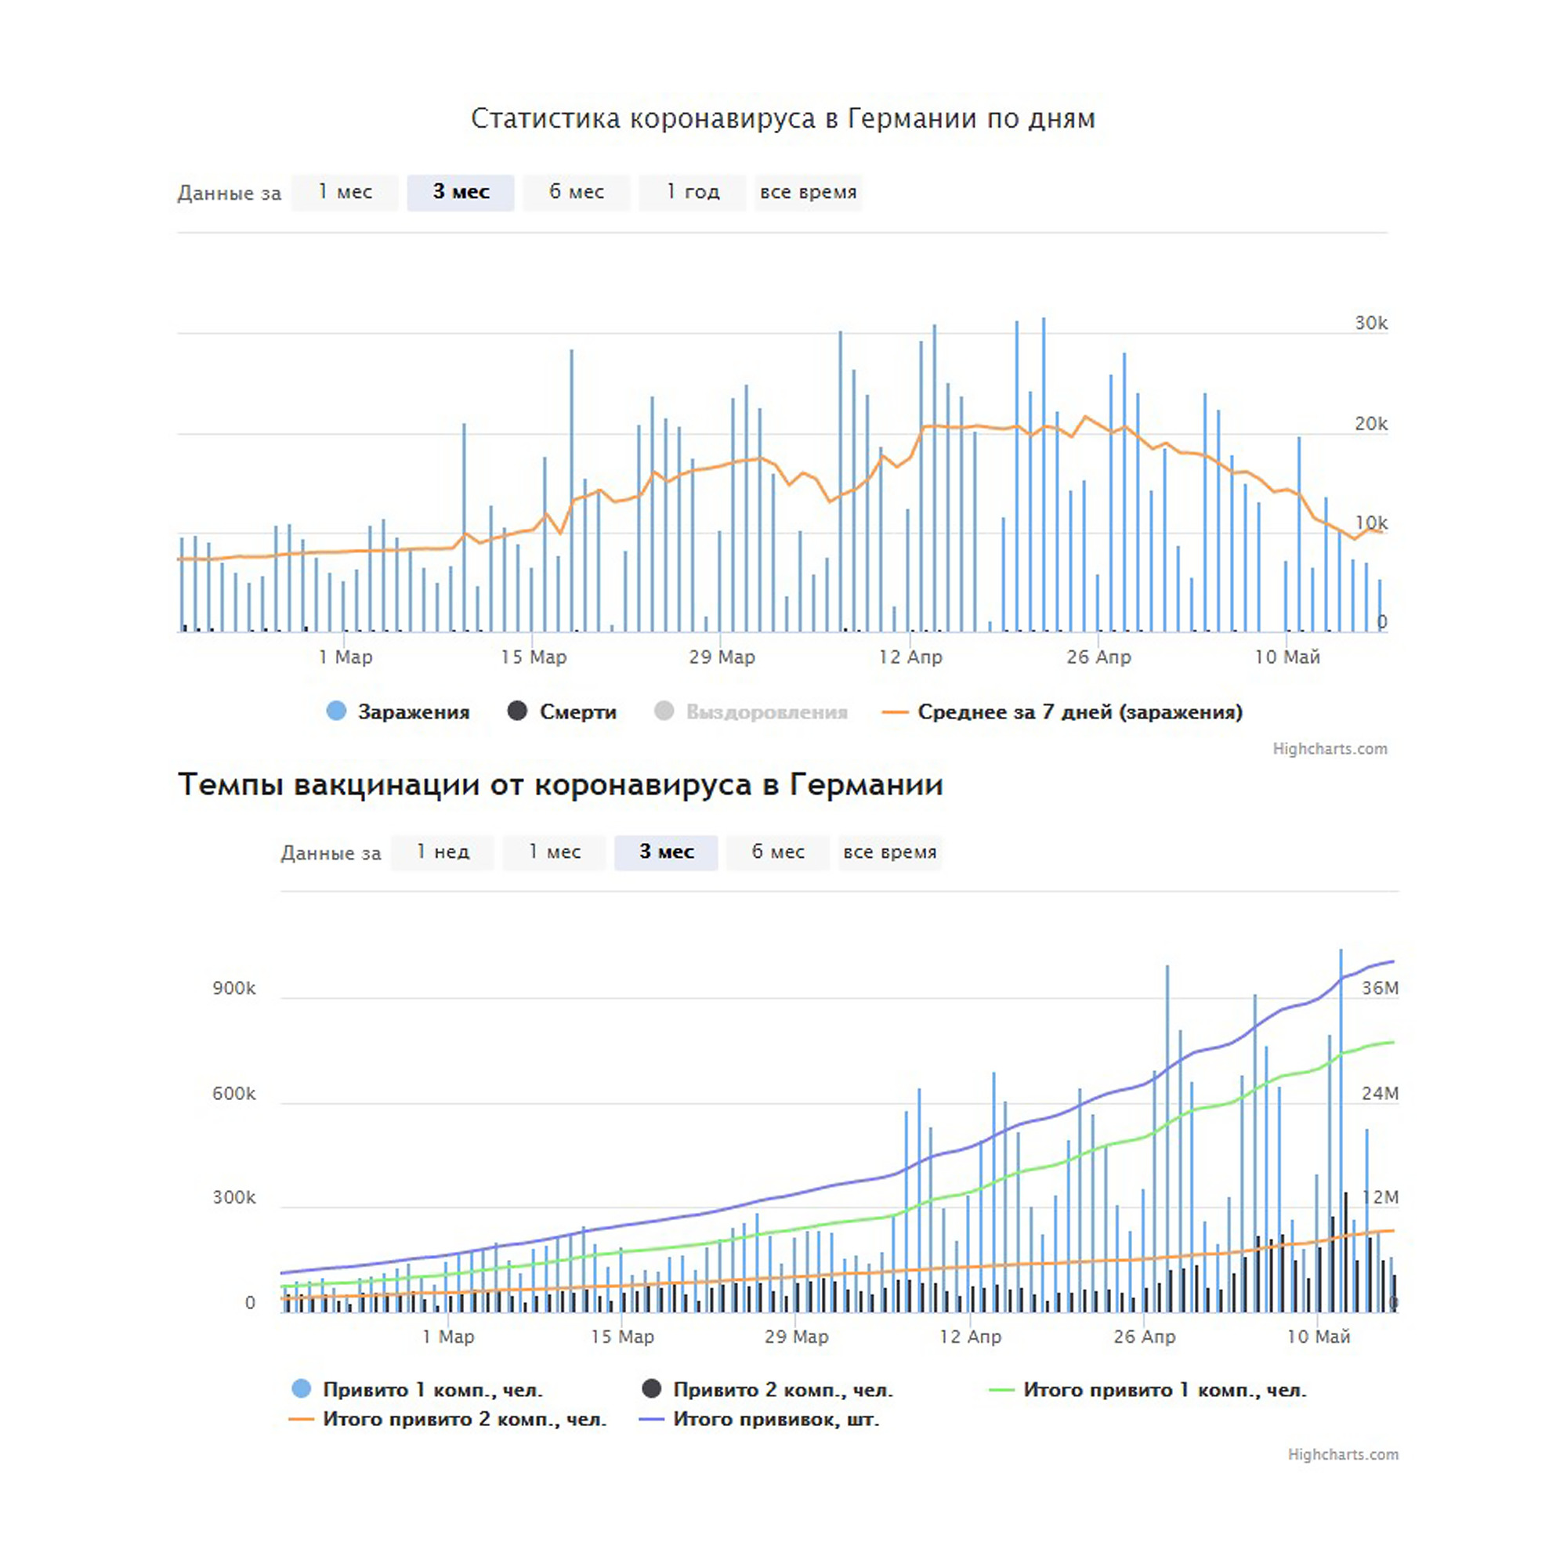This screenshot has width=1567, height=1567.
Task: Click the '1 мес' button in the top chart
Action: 345,192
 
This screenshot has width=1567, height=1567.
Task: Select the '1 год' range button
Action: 693,192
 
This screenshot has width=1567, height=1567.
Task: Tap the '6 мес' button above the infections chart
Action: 577,192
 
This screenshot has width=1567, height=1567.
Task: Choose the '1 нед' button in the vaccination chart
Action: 443,852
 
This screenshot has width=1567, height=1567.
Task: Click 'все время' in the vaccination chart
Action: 890,852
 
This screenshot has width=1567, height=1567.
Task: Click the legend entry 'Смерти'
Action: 562,711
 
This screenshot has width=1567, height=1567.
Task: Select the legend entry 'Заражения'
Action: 398,711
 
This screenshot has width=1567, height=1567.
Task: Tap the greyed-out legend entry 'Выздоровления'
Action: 751,711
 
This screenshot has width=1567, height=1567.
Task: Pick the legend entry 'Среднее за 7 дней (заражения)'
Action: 1062,711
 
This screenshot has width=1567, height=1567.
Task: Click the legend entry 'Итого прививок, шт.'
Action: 759,1419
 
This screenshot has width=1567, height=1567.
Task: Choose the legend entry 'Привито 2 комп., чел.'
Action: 767,1389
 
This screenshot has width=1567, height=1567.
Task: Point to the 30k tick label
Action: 1370,323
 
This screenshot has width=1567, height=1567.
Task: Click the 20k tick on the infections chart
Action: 1370,423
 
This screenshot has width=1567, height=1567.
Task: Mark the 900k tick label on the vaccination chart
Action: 233,988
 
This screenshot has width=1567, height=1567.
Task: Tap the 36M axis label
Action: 1380,988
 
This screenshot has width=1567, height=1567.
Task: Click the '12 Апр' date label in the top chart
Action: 910,657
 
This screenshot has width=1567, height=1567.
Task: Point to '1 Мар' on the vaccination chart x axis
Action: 448,1337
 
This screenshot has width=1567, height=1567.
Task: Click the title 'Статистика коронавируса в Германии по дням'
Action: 783,118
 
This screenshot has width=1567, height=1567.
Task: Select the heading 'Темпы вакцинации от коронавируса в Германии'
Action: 560,784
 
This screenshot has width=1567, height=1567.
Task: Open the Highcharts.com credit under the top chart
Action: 1330,748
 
